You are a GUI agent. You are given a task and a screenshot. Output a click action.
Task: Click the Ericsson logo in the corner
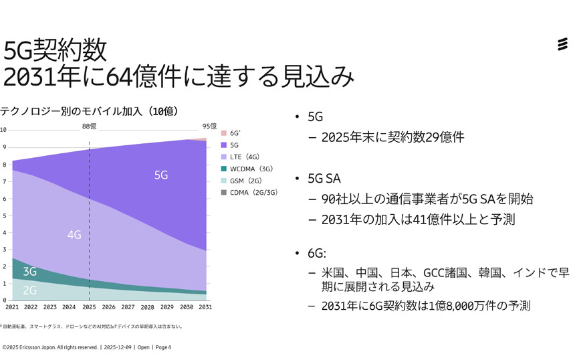point(563,45)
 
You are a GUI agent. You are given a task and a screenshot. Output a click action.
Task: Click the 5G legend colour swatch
point(224,145)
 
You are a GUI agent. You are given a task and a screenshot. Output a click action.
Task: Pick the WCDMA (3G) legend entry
point(249,169)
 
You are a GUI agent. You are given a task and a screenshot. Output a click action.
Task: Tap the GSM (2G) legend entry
point(245,181)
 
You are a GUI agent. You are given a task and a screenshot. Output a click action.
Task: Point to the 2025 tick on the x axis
point(89,307)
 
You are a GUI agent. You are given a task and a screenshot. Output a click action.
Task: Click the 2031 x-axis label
point(205,307)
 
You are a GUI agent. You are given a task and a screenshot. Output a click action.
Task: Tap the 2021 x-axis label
point(12,307)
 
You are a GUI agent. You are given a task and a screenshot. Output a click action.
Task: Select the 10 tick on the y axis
point(3,130)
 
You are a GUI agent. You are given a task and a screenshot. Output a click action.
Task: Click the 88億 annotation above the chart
point(90,126)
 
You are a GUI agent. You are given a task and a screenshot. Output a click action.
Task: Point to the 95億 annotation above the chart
point(209,126)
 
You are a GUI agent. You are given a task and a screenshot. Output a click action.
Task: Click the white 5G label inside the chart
point(160,175)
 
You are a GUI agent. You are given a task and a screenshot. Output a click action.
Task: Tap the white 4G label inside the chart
point(74,235)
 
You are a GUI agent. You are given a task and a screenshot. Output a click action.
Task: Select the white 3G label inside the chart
point(29,272)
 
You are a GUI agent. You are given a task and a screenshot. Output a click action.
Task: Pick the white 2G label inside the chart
point(29,290)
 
